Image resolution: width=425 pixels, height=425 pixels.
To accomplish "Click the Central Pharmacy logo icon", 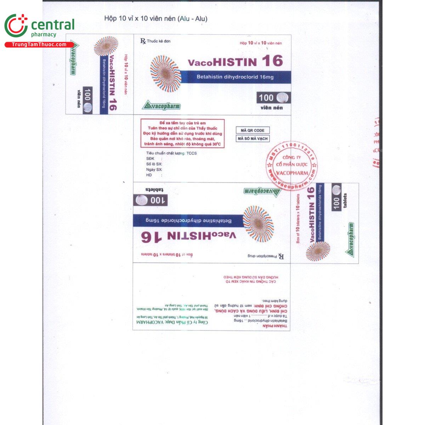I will pyautogui.click(x=16, y=26).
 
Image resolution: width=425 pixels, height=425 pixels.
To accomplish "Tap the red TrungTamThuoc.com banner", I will pyautogui.click(x=39, y=45).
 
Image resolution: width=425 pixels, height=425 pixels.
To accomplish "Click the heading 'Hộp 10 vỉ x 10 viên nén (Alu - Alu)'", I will pyautogui.click(x=155, y=18).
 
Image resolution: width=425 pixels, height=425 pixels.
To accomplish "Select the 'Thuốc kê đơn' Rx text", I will pyautogui.click(x=155, y=41).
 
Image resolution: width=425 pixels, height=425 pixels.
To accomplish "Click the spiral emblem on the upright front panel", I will pyautogui.click(x=165, y=74).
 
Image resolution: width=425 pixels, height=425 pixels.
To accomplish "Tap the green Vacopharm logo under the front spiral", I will pyautogui.click(x=161, y=106).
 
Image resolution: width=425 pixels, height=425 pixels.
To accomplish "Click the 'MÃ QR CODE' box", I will pyautogui.click(x=253, y=130).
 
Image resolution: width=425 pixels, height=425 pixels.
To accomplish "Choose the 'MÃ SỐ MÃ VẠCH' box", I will pyautogui.click(x=253, y=138).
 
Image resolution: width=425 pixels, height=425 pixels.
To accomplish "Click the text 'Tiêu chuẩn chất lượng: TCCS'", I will pyautogui.click(x=171, y=153).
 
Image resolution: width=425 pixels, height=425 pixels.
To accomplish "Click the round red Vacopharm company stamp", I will pyautogui.click(x=292, y=165).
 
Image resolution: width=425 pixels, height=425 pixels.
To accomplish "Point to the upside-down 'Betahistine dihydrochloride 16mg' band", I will pyautogui.click(x=189, y=221).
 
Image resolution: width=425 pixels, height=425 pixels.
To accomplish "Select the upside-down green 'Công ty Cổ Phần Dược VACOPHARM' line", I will pyautogui.click(x=172, y=322).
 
